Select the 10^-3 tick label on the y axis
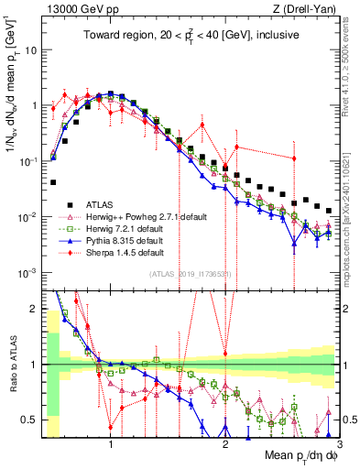click(x=30, y=273)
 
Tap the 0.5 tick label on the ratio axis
click(x=32, y=420)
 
